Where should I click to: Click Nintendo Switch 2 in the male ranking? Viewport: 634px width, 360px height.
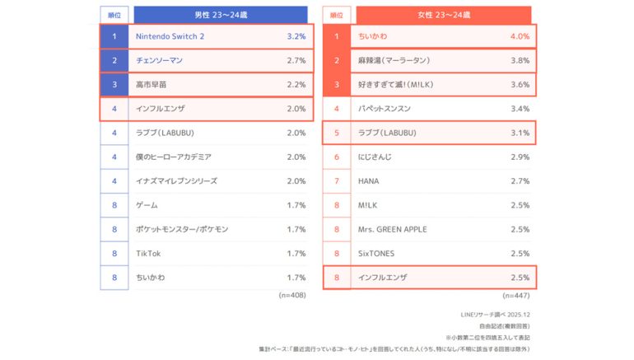(169, 37)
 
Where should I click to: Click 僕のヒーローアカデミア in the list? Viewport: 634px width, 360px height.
(174, 157)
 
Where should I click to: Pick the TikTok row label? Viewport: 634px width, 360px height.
(149, 253)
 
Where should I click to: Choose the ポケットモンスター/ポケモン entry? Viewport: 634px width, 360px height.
(182, 229)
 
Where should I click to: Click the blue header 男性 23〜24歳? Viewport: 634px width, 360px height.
(222, 14)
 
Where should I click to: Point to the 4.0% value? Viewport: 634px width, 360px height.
(520, 37)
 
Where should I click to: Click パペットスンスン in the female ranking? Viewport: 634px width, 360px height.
(385, 109)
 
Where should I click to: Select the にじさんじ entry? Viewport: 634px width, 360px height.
(375, 157)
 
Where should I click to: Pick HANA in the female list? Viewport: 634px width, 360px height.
(370, 180)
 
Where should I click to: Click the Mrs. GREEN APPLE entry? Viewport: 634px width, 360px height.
(393, 229)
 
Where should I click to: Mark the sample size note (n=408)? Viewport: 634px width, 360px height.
(292, 295)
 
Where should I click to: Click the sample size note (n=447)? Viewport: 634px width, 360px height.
(515, 295)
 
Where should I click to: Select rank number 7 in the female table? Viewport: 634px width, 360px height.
(336, 180)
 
